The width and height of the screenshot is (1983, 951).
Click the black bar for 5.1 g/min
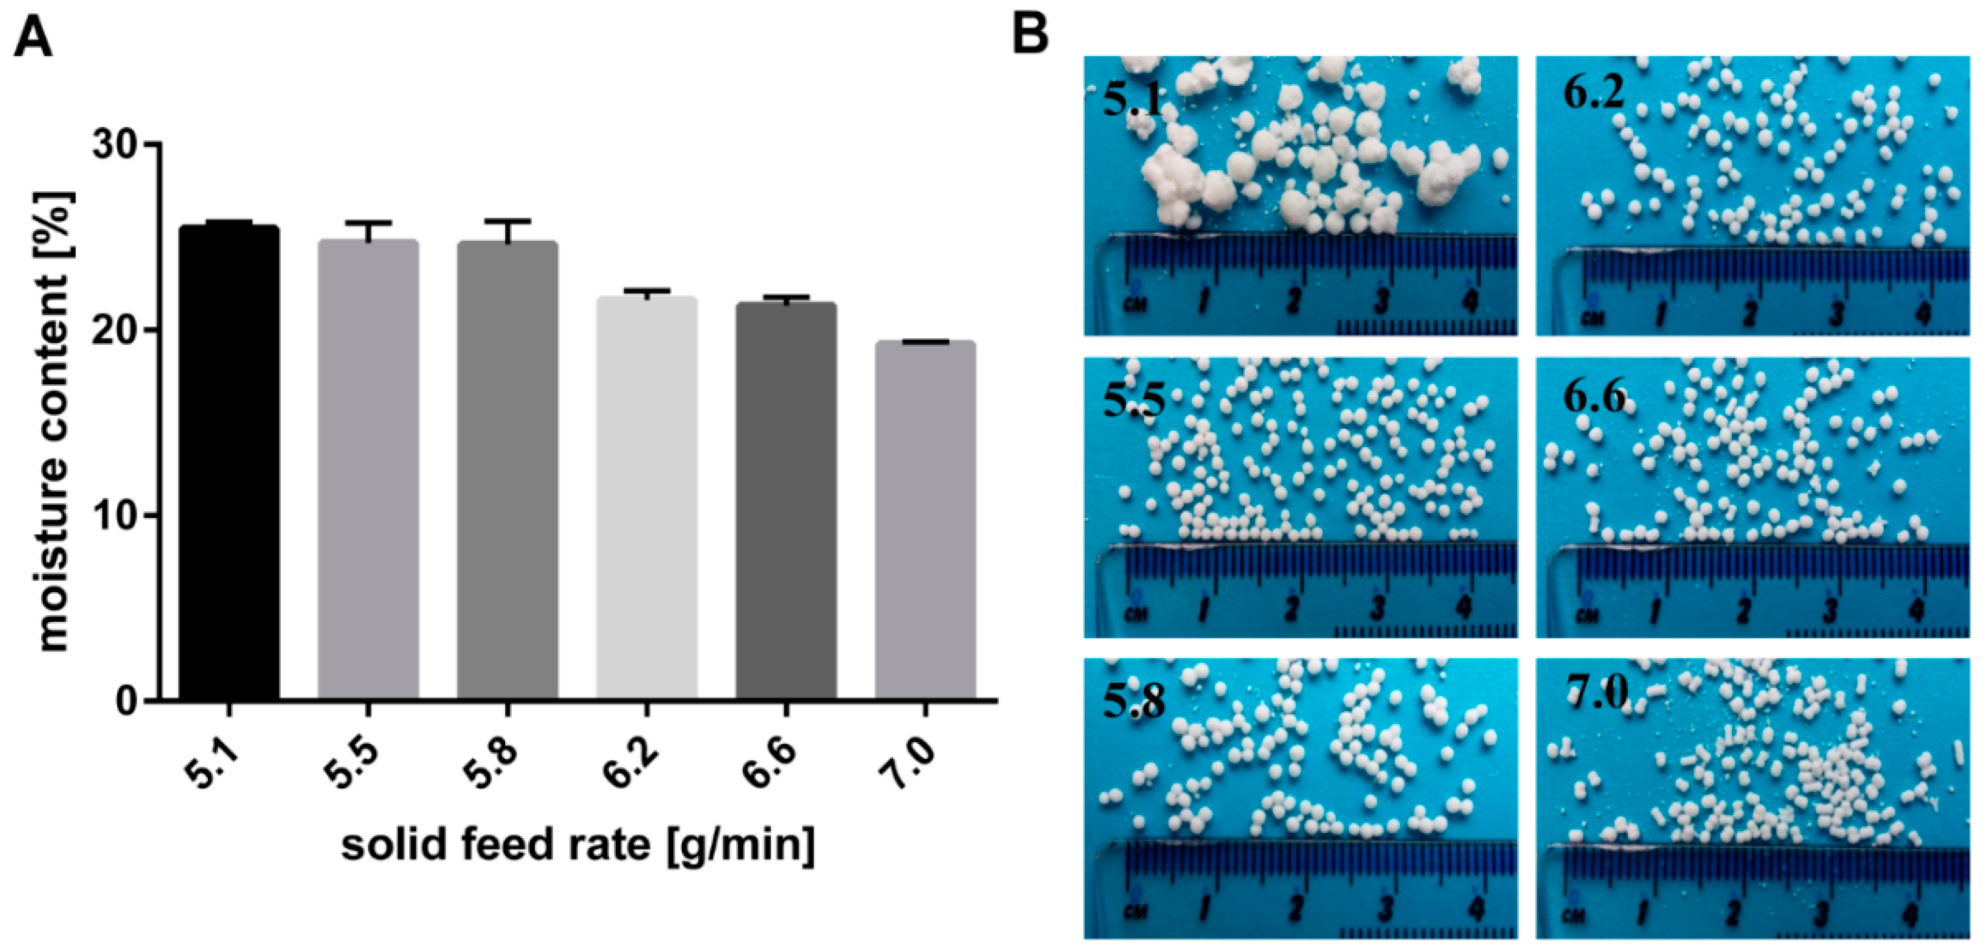[229, 462]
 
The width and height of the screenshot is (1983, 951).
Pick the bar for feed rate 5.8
[508, 469]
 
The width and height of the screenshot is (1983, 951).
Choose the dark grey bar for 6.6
[786, 500]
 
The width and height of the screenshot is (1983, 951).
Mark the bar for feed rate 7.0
[926, 520]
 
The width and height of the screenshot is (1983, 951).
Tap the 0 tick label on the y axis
[127, 701]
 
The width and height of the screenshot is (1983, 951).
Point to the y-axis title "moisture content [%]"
[54, 422]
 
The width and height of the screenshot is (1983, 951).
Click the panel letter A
[33, 39]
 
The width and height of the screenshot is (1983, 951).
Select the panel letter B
[1030, 34]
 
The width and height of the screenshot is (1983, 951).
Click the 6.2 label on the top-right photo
[1593, 93]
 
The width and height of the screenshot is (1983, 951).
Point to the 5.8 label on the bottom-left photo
[1133, 701]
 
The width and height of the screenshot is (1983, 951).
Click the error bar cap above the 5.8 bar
[508, 221]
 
